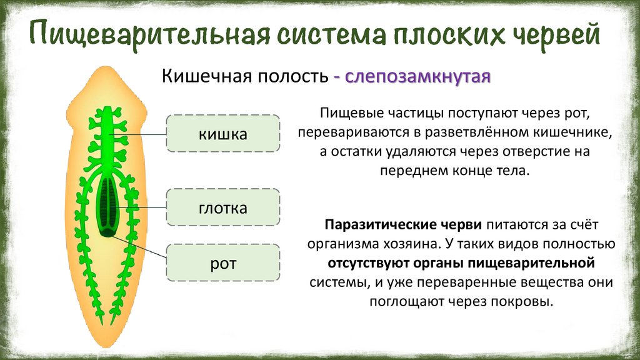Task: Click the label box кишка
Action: coord(223,134)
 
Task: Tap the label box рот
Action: coord(223,263)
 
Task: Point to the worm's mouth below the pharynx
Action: coord(109,232)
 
